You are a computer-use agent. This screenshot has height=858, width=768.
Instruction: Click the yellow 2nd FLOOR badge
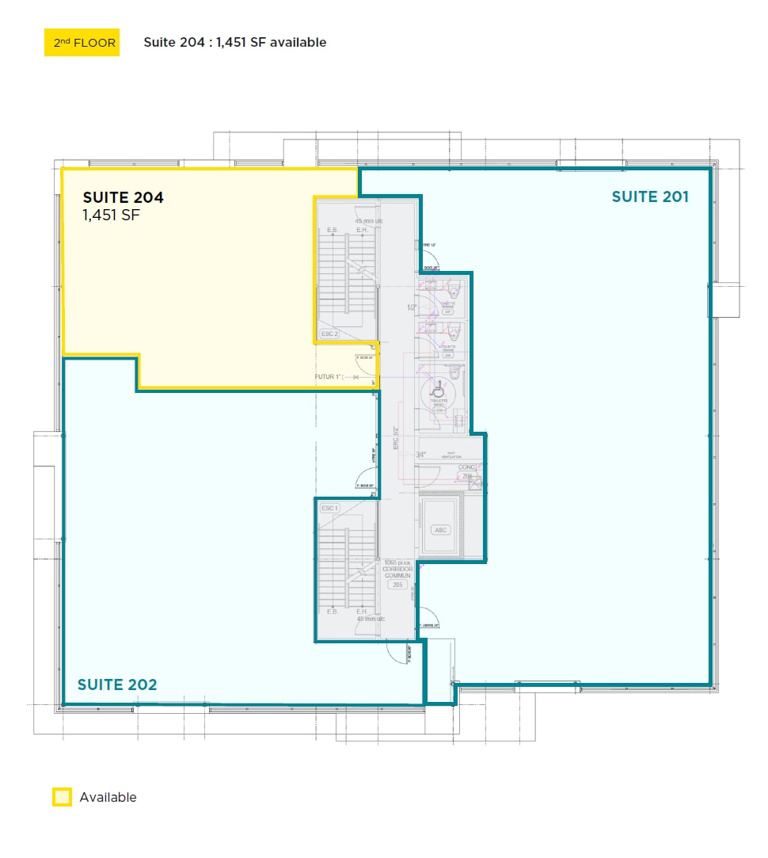(82, 43)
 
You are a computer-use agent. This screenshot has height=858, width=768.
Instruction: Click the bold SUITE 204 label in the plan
(124, 197)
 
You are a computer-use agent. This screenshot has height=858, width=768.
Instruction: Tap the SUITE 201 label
(650, 196)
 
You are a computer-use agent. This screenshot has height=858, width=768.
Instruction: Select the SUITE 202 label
(117, 684)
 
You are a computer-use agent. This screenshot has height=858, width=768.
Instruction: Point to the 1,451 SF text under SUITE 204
(112, 215)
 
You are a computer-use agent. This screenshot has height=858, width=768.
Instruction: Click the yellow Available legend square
(62, 797)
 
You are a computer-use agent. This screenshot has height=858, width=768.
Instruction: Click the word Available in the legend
(108, 797)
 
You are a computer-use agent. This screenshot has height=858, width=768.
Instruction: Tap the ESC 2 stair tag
(329, 334)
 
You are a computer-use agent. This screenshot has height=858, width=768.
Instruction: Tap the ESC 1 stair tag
(329, 508)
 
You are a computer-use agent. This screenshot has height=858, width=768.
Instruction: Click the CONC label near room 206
(466, 467)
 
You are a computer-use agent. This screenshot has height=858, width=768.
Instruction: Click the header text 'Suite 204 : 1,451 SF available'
(234, 43)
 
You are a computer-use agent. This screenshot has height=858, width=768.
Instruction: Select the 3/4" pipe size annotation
(420, 455)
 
